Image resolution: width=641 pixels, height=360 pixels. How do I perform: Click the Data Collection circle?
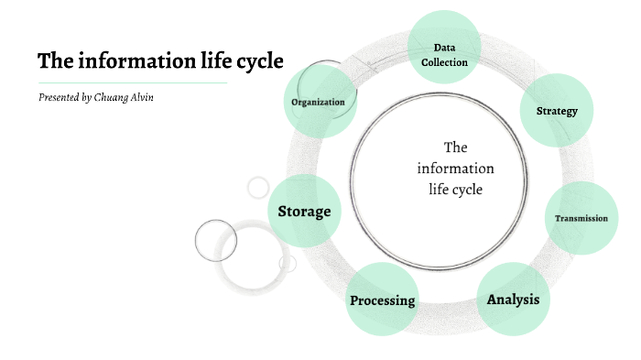(443, 47)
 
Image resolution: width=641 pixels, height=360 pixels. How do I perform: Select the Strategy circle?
(557, 112)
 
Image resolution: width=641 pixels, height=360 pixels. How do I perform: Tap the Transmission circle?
(581, 218)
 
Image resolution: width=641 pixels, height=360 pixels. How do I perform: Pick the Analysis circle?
(513, 300)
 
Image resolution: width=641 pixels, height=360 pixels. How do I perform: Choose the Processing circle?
(383, 300)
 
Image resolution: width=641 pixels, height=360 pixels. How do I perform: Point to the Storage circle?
(305, 212)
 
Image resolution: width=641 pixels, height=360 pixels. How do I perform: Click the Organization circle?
(318, 102)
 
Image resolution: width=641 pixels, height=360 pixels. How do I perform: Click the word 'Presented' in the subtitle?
(59, 97)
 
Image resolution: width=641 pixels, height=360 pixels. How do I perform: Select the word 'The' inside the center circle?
(455, 147)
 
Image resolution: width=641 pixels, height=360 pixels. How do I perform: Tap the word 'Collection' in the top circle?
(444, 62)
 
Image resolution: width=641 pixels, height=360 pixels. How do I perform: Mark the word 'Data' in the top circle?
(444, 48)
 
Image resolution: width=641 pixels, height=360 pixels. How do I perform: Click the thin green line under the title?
(132, 82)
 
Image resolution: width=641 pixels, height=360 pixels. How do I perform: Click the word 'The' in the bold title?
(53, 61)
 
